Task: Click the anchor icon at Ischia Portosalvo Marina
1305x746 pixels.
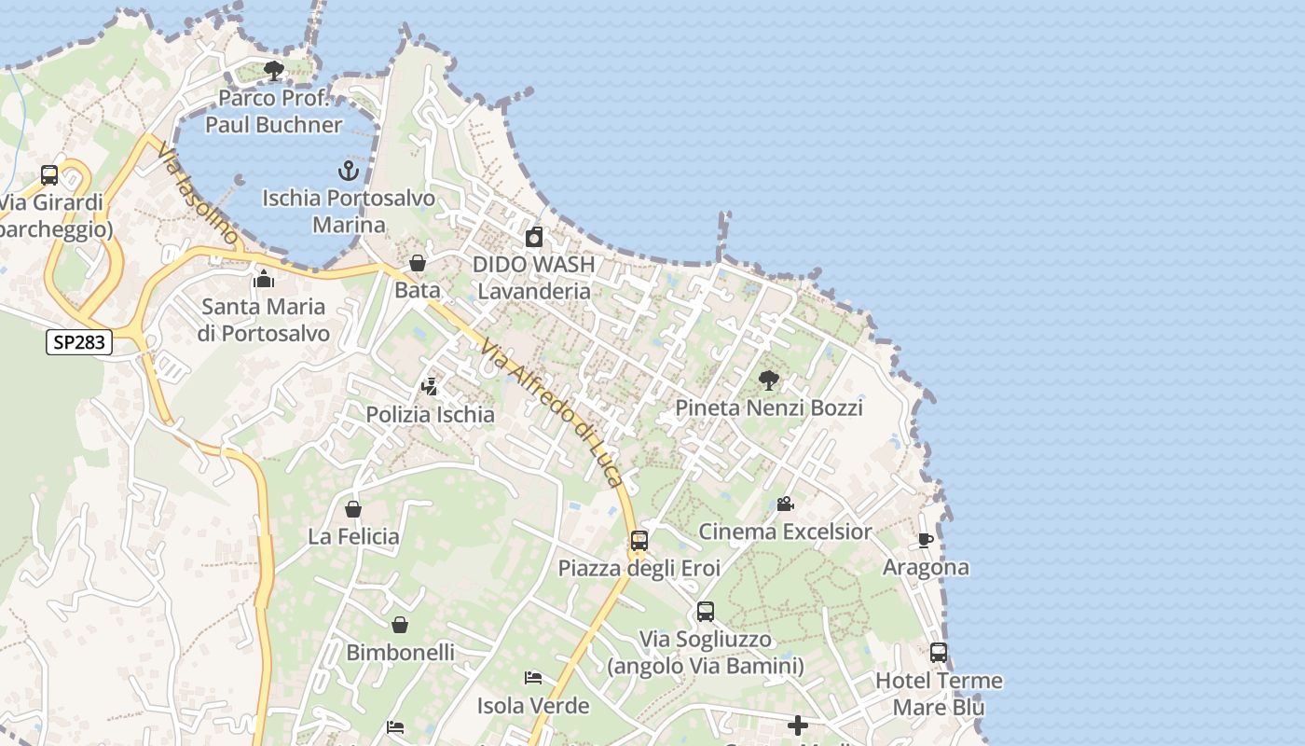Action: point(348,171)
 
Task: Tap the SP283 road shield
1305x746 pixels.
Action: point(79,342)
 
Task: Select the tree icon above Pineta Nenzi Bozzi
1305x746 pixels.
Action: point(769,380)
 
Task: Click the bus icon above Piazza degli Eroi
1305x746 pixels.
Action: point(639,541)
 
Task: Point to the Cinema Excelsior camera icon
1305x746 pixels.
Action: point(785,504)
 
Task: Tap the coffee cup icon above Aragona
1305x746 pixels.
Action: point(926,540)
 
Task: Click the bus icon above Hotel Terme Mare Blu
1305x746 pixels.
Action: point(939,653)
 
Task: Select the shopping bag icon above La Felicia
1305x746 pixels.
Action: point(353,509)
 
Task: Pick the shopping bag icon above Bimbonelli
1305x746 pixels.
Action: point(400,625)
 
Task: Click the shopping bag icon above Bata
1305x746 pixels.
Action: point(418,263)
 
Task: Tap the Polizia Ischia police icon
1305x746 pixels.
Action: point(430,386)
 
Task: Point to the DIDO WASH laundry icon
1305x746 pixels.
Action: point(534,237)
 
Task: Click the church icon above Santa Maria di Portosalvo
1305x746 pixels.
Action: point(264,279)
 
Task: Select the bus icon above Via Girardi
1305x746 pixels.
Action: point(49,175)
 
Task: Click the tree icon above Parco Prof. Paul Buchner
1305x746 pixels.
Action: point(274,70)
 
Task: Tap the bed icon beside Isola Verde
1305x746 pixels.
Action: point(533,678)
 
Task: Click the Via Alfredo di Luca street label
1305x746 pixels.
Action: point(551,412)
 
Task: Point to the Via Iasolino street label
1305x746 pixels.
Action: point(198,194)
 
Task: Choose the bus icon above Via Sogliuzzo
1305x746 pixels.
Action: point(706,612)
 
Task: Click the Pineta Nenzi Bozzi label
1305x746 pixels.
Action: point(769,408)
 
